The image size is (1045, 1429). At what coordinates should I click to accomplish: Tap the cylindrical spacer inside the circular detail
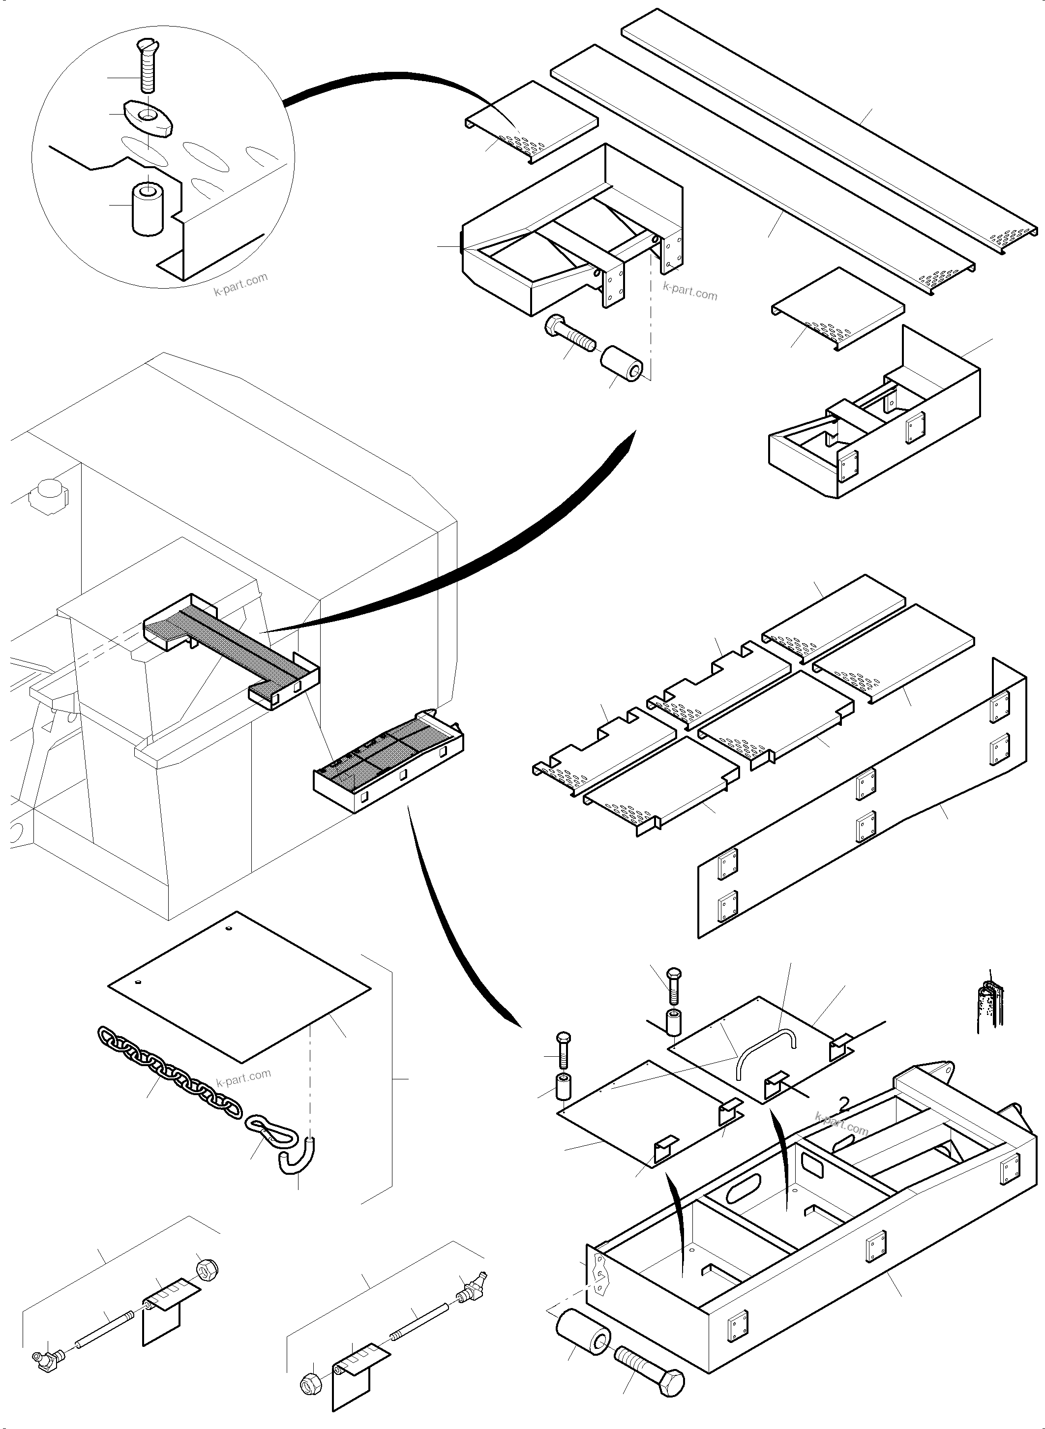point(148,209)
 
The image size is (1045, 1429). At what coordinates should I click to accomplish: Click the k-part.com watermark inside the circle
point(240,286)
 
